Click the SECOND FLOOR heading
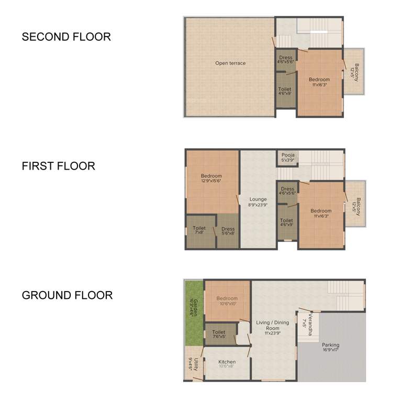pos(66,37)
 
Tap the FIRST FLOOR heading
pos(58,166)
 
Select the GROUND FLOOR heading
pos(67,295)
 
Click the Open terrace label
pos(230,63)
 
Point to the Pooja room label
pos(288,155)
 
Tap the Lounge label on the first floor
pos(258,199)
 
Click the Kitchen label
pos(227,362)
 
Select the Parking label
pos(330,345)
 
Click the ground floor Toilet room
pos(219,334)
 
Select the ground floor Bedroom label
pos(227,299)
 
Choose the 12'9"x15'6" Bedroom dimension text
pos(211,181)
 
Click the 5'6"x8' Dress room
pos(228,231)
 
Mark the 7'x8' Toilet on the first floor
pos(199,230)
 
